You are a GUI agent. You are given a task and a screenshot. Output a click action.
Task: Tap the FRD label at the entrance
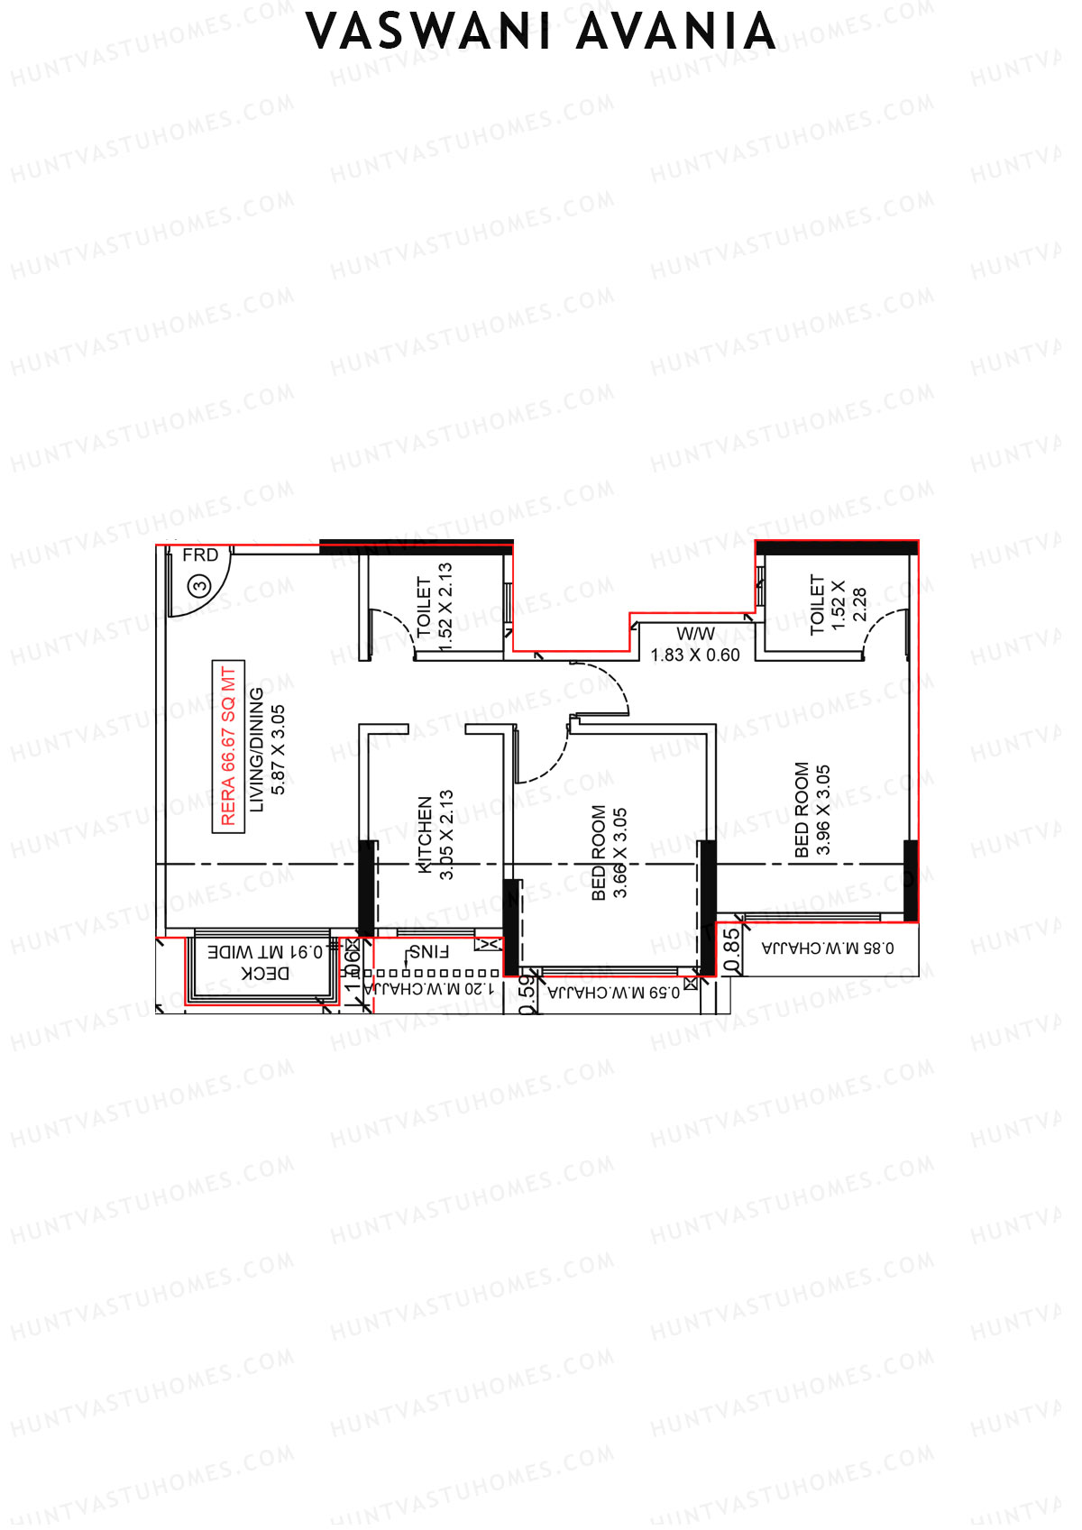(200, 555)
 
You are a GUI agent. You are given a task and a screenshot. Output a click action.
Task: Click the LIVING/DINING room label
(257, 749)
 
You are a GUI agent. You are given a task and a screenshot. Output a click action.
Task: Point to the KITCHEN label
(425, 834)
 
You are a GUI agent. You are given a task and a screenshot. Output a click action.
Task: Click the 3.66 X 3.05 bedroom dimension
(620, 852)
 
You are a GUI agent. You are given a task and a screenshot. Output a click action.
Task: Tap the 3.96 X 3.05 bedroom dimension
(822, 810)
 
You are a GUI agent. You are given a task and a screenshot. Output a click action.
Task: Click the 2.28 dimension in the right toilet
(859, 605)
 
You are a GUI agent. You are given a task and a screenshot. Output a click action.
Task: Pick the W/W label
(695, 634)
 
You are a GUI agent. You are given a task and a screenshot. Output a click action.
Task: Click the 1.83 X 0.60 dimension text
(695, 655)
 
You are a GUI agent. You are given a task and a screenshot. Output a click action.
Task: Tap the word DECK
(266, 974)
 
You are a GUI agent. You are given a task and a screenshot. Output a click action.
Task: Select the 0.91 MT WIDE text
(266, 952)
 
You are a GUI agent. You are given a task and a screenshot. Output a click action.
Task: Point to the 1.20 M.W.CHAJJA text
(429, 989)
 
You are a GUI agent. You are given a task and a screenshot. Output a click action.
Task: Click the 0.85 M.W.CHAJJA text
(828, 948)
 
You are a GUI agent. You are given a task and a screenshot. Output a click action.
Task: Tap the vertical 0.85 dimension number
(732, 950)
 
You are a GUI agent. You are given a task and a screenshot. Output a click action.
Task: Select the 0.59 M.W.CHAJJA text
(614, 993)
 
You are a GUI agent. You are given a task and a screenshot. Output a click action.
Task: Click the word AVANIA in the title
(676, 33)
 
